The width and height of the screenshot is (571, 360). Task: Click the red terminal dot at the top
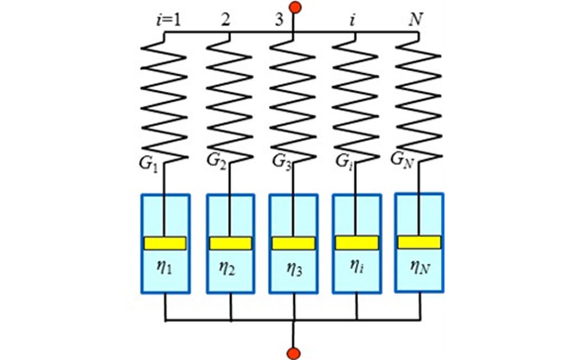[295, 7]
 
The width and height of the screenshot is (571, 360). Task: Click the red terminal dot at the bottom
[293, 354]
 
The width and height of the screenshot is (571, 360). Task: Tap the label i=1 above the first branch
[168, 20]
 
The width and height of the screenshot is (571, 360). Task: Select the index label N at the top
[416, 19]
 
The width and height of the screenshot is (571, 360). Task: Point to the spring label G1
[148, 163]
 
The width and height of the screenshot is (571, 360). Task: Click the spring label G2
[216, 161]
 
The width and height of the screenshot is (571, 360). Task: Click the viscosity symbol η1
[164, 268]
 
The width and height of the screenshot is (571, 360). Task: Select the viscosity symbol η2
[227, 269]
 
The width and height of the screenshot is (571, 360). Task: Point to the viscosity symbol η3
[294, 270]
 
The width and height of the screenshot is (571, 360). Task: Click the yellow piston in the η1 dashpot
[166, 243]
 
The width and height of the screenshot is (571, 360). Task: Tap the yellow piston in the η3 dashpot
[293, 243]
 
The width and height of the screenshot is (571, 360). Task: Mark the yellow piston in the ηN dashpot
[420, 242]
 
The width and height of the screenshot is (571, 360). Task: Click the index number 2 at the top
[226, 19]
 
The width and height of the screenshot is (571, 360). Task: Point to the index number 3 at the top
[279, 19]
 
